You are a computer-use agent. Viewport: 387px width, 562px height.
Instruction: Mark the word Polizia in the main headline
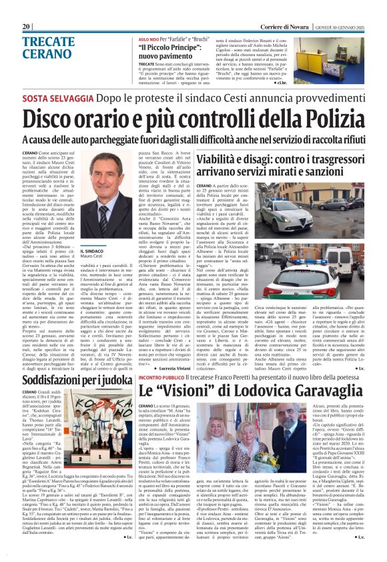pos(324,118)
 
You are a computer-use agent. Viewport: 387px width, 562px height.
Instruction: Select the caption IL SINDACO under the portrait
pos(93,252)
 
